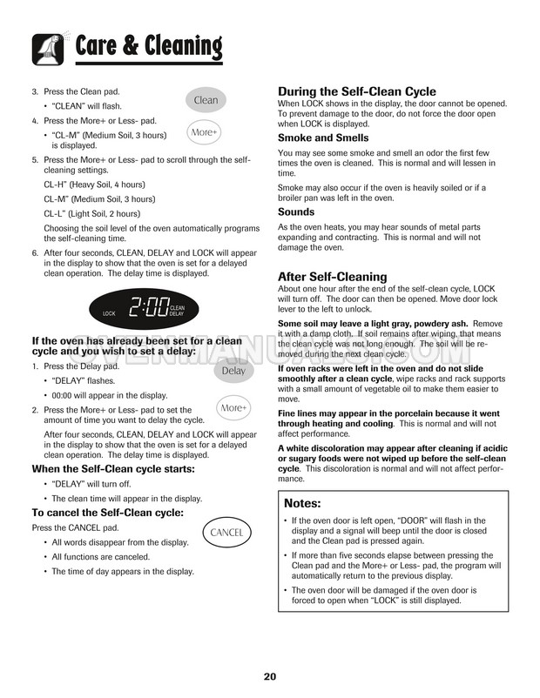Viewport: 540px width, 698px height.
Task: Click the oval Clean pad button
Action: [x=206, y=100]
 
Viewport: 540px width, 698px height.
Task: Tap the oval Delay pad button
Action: [x=233, y=371]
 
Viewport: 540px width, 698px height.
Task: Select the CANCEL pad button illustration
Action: [x=226, y=531]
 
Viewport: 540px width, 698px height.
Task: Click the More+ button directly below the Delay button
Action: [x=233, y=407]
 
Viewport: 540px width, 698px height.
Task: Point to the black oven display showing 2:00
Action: [x=144, y=308]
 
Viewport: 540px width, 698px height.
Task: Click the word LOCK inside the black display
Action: [x=109, y=313]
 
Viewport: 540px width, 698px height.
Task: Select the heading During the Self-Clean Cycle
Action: [x=356, y=91]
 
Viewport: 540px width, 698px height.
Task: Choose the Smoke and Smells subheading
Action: [x=319, y=138]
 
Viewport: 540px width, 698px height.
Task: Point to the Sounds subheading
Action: [x=296, y=211]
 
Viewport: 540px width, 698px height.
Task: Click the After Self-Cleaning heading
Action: [x=332, y=277]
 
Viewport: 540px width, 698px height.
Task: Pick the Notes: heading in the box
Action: [x=303, y=503]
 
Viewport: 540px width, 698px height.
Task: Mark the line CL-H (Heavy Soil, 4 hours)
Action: [x=94, y=185]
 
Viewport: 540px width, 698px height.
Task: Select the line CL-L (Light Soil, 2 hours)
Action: [x=91, y=213]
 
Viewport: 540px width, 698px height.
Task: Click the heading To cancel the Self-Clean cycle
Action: [x=107, y=513]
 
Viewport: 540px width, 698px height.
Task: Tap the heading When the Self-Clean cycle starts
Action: [x=113, y=469]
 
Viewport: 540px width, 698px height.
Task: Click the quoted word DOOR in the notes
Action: [x=414, y=520]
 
